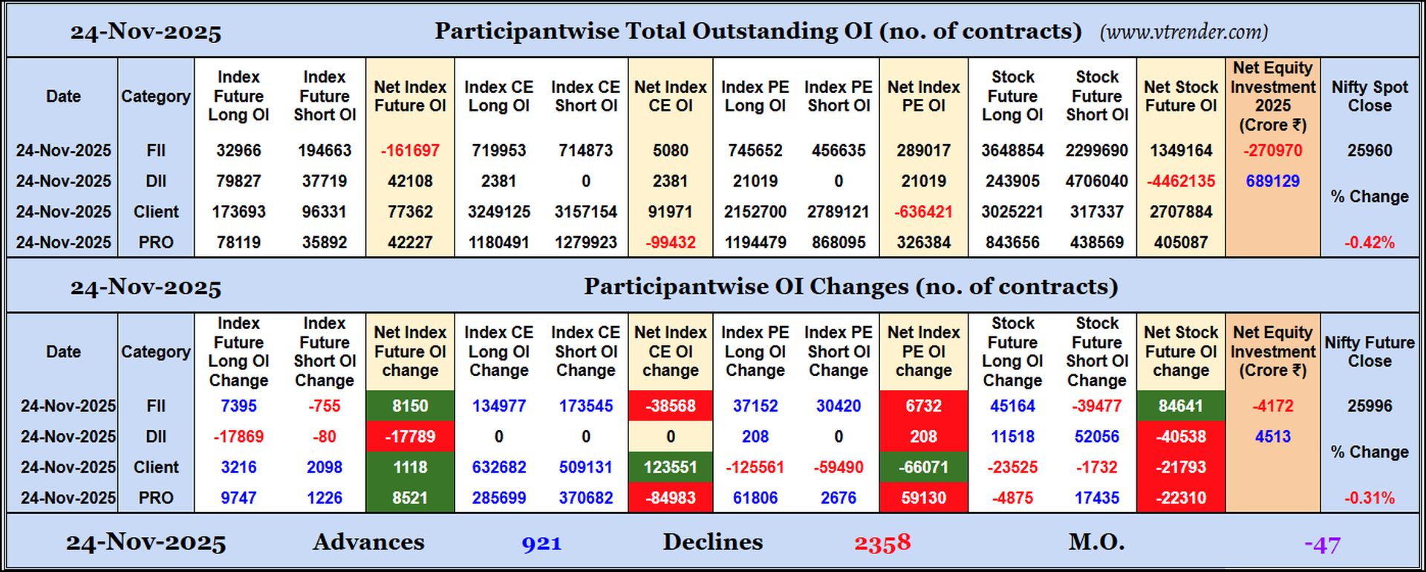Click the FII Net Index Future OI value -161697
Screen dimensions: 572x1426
click(x=410, y=150)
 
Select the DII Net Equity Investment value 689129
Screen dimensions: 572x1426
click(x=1272, y=181)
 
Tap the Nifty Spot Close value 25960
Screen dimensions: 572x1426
click(x=1369, y=150)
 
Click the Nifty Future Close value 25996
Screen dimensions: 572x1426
click(x=1369, y=406)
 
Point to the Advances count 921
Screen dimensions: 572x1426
click(x=541, y=543)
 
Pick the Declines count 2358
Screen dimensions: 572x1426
click(x=882, y=543)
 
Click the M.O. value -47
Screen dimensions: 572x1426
click(x=1322, y=545)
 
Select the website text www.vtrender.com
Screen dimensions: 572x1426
click(x=1184, y=32)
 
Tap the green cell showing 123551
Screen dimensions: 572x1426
click(x=670, y=467)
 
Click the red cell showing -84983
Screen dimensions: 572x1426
click(x=670, y=498)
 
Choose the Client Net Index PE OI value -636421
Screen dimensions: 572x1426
click(x=923, y=212)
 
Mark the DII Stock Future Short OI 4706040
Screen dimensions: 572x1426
click(x=1096, y=181)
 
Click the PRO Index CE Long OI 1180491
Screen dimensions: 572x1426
click(x=498, y=242)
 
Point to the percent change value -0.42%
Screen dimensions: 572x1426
click(x=1369, y=242)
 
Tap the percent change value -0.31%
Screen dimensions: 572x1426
click(x=1369, y=498)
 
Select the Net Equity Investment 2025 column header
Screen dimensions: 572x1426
click(x=1272, y=97)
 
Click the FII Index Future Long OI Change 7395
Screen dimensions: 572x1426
click(x=238, y=406)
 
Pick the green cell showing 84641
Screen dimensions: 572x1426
click(x=1180, y=406)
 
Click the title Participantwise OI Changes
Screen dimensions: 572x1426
click(x=850, y=287)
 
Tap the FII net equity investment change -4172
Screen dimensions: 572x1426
click(x=1272, y=406)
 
